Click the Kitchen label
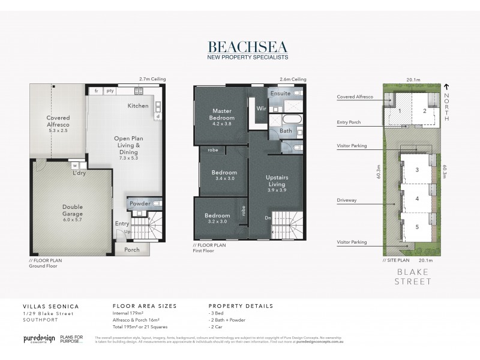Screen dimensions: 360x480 click(138, 106)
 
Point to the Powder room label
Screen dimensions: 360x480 click(140, 203)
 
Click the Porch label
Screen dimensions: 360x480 click(131, 250)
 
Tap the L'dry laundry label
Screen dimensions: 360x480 click(79, 173)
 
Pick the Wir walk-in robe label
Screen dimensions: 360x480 click(262, 109)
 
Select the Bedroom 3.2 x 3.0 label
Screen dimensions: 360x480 click(217, 218)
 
